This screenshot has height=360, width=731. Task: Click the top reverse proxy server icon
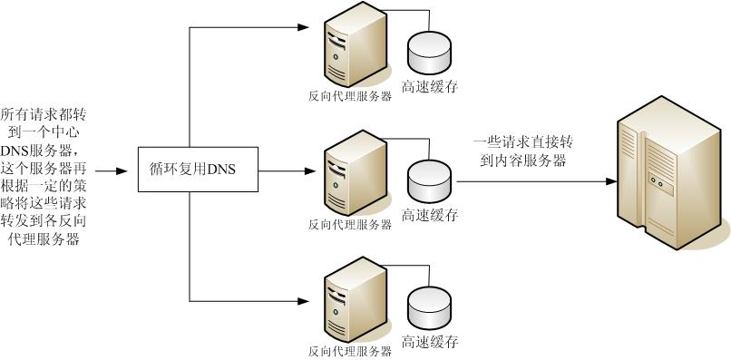(348, 51)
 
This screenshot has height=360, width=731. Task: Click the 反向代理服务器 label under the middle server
(349, 224)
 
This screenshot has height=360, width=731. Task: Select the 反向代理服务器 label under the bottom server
(349, 350)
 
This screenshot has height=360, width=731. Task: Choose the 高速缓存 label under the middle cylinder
(429, 216)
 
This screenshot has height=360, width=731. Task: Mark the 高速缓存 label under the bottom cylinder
(429, 343)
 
